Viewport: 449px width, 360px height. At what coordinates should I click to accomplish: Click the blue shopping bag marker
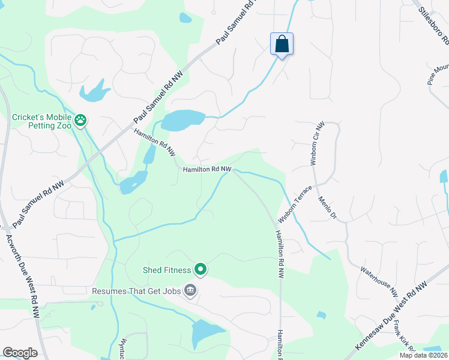click(x=282, y=44)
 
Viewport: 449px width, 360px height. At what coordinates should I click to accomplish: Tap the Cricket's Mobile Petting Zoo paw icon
click(x=80, y=121)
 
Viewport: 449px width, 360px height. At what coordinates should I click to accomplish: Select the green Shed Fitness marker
click(x=201, y=271)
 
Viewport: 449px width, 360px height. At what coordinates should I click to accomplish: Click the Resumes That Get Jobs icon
click(x=190, y=291)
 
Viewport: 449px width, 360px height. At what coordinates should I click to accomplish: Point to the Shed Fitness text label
click(x=167, y=271)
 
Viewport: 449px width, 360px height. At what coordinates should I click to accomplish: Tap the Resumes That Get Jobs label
click(x=137, y=292)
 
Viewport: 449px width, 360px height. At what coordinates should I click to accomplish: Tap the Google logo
click(x=20, y=353)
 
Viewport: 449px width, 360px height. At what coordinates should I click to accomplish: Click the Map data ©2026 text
click(x=423, y=355)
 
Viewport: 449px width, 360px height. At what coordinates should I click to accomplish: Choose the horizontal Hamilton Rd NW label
click(x=207, y=170)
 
